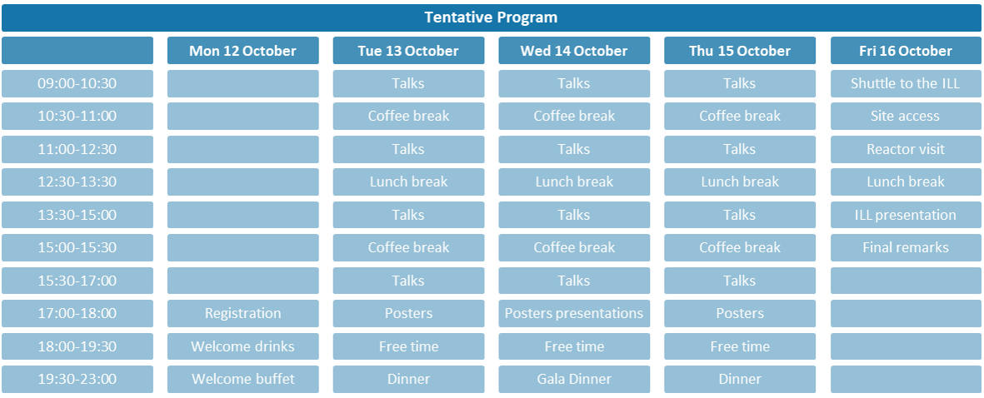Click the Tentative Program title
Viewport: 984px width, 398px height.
point(492,17)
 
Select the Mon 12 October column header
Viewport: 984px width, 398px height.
point(242,51)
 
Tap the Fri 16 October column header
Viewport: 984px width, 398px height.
point(906,51)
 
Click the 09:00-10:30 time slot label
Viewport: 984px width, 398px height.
point(77,83)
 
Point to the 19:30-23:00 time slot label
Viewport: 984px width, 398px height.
point(77,379)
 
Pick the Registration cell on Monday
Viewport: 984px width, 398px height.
point(242,313)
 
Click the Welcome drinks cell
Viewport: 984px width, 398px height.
point(242,346)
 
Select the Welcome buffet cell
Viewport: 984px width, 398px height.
point(242,379)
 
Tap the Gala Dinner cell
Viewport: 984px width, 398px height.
point(574,379)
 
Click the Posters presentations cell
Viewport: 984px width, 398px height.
point(574,313)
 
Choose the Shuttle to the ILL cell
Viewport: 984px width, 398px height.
point(906,83)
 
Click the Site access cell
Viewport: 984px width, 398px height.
point(906,116)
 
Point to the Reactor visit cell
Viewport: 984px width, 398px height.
point(906,149)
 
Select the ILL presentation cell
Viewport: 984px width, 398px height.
point(906,215)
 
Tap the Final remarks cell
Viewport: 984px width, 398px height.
point(906,247)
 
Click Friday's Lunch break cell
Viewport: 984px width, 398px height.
point(906,182)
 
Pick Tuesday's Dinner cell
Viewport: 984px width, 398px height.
point(408,379)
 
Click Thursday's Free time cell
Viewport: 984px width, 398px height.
point(740,346)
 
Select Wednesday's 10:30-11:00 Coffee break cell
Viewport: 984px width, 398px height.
point(574,116)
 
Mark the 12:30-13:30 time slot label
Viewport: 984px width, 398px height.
point(77,182)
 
